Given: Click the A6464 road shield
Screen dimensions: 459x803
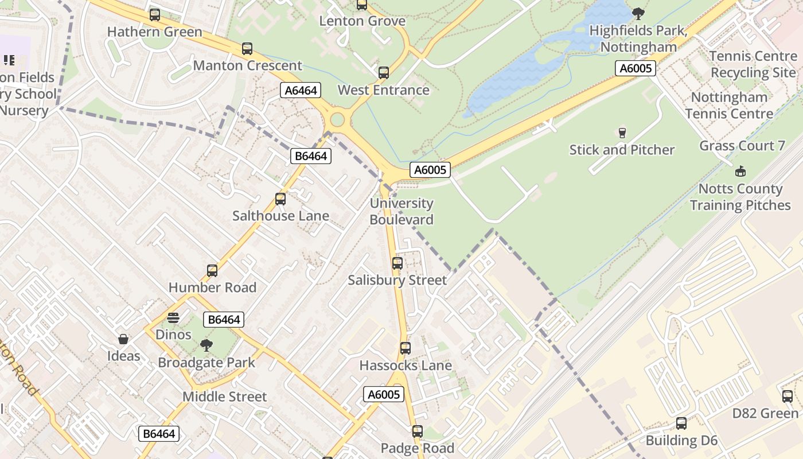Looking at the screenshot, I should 301,90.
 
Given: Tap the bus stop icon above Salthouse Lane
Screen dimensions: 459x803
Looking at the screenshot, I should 280,199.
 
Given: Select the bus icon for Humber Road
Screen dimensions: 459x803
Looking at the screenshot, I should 212,271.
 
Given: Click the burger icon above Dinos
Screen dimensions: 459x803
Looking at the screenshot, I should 173,318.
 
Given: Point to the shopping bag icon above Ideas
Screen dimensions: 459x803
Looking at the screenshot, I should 123,339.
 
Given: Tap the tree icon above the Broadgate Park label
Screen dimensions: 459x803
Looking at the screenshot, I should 206,345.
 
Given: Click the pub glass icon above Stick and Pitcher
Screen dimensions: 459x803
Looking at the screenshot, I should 622,133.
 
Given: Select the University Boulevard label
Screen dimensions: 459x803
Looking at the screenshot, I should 402,211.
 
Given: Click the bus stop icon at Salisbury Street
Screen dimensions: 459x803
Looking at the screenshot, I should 397,263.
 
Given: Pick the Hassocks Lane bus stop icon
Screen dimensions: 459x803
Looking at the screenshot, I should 406,348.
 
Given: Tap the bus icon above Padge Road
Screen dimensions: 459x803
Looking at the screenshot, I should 418,431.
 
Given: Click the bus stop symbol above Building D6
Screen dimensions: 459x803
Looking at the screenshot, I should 681,423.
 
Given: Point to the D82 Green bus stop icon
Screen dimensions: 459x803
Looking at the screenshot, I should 788,396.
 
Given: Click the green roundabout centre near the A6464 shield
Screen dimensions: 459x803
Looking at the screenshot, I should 337,120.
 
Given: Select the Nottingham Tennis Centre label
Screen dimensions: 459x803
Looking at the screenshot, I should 729,105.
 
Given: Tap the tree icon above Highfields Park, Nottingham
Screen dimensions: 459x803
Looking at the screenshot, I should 638,14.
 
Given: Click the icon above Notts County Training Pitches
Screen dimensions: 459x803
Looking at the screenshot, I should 740,171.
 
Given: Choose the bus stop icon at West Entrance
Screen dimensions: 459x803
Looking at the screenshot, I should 384,73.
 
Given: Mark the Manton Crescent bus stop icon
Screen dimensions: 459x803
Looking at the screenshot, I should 247,49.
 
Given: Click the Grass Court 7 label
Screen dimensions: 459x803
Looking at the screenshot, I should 742,146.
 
